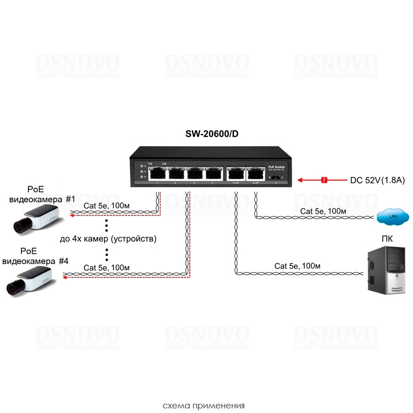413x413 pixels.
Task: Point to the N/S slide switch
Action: tap(275, 177)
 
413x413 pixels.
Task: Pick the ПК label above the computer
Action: tap(387, 239)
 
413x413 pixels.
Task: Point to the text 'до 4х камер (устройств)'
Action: tap(108, 239)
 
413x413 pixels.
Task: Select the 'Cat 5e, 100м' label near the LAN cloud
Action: tap(323, 211)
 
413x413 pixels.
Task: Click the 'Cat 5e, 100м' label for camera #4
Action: tap(106, 268)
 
